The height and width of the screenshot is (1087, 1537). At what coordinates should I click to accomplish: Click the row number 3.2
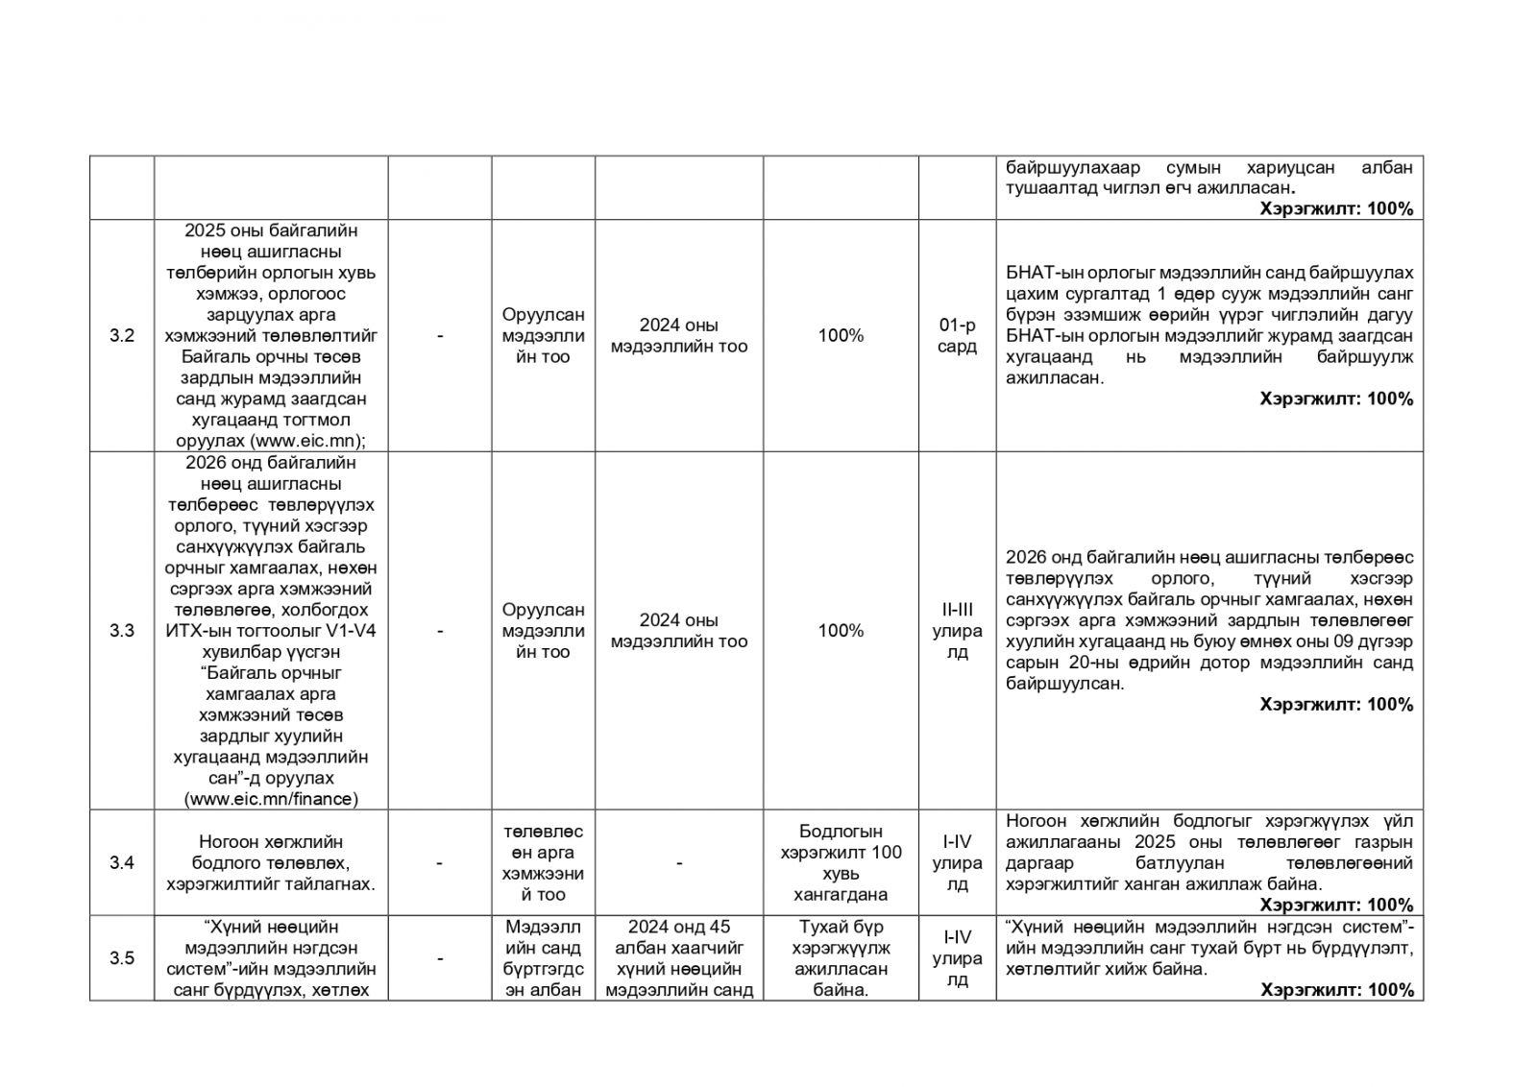click(121, 336)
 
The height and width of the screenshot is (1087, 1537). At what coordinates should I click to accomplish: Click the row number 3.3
click(121, 631)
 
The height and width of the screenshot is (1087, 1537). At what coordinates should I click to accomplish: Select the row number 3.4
click(121, 862)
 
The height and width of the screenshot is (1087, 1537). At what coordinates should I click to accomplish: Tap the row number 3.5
click(121, 957)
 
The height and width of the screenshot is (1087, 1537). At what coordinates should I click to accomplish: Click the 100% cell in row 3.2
click(841, 336)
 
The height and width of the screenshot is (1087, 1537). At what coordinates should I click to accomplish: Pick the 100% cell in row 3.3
click(841, 631)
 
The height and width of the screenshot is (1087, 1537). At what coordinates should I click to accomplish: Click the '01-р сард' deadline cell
click(957, 336)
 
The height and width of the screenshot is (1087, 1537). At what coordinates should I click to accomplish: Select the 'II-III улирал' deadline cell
click(957, 631)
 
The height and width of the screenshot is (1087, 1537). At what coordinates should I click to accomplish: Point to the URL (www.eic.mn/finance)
click(271, 799)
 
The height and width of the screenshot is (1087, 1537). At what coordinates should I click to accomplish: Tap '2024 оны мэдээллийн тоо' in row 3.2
click(678, 336)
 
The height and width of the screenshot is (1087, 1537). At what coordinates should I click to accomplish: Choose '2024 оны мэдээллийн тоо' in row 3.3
click(678, 631)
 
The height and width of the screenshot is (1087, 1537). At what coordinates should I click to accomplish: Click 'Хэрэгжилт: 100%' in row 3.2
click(1336, 399)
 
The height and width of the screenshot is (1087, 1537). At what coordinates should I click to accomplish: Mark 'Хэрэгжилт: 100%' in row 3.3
click(1336, 705)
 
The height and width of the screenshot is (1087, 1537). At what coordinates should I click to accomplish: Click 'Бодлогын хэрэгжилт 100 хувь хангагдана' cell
click(841, 862)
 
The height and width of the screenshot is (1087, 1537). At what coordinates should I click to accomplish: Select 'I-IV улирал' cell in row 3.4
click(957, 862)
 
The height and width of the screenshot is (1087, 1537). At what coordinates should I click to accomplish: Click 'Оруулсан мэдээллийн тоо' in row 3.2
click(543, 336)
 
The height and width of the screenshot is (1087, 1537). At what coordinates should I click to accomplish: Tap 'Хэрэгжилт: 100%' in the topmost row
click(1336, 208)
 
